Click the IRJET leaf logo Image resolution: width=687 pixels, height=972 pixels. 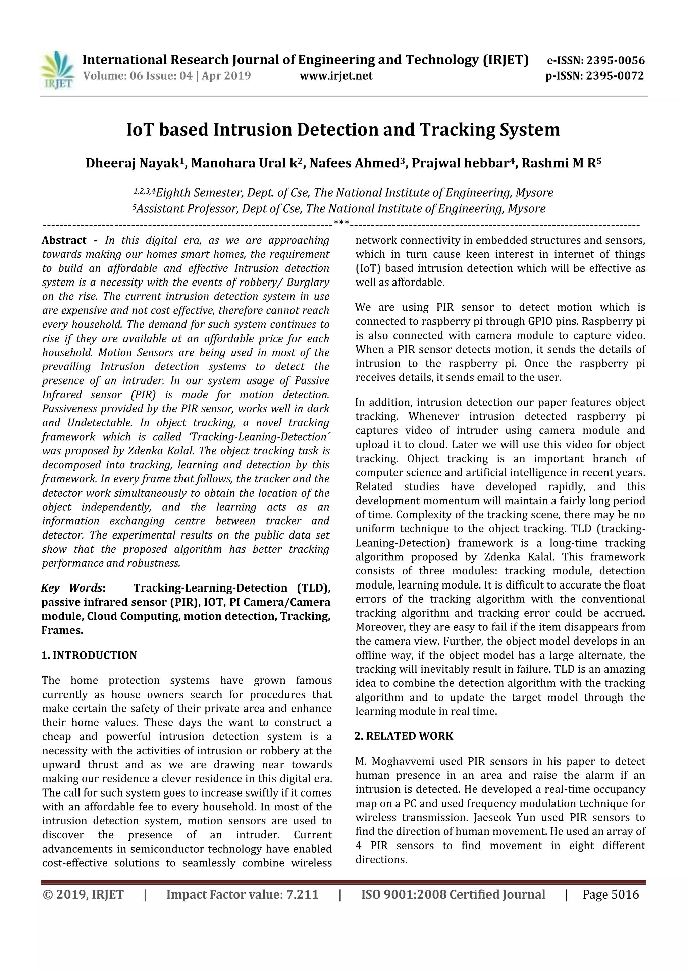coord(57,69)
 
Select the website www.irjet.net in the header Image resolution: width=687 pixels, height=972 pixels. coord(336,76)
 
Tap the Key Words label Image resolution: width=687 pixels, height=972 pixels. coord(72,588)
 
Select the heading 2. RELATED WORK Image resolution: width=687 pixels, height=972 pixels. coord(404,736)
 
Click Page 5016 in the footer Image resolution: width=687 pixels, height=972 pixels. coord(611,894)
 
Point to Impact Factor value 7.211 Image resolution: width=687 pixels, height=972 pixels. coord(242,894)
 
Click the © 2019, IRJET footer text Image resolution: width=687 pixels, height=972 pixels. coord(83,894)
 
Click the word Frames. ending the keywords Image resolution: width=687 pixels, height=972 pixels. coord(62,630)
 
